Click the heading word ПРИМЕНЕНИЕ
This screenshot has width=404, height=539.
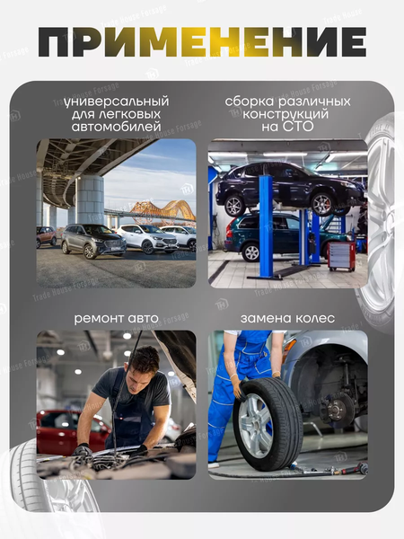click(x=202, y=42)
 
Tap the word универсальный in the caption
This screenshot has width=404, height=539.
click(x=117, y=102)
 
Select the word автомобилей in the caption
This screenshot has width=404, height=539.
click(x=117, y=127)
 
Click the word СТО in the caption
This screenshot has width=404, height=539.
click(x=298, y=127)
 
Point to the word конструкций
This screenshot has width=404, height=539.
click(x=285, y=114)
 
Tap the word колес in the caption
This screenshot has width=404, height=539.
click(x=315, y=318)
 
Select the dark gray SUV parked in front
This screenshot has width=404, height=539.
click(x=93, y=240)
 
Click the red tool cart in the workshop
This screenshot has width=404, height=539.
click(x=341, y=256)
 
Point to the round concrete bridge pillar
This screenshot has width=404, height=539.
click(x=90, y=199)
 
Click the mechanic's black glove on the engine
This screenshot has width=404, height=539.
click(x=82, y=450)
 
